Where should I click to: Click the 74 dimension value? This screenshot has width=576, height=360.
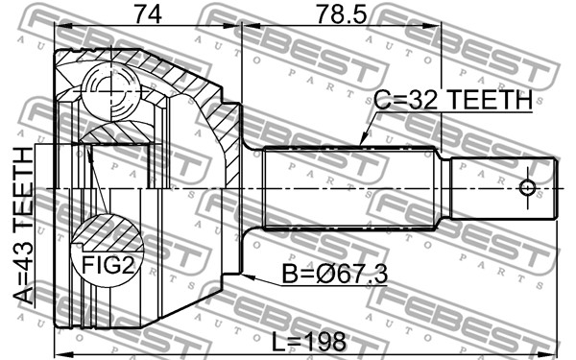coord(147,14)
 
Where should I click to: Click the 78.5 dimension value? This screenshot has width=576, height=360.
coord(341,14)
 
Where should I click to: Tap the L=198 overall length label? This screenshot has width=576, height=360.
coord(309,342)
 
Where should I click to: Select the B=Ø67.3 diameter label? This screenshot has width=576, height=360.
coord(334,274)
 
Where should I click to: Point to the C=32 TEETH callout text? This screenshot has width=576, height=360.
coord(453,100)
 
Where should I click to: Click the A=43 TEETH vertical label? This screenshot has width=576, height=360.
coord(23,226)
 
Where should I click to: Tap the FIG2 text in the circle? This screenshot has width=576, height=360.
coord(108,265)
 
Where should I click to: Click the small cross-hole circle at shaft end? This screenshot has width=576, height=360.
coord(527,188)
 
